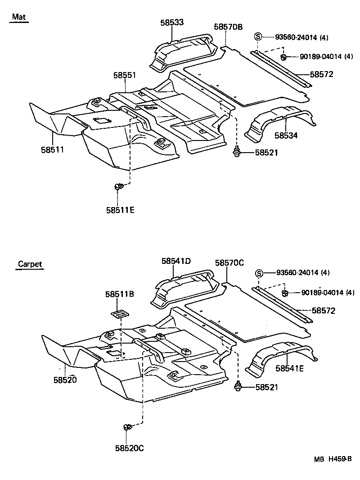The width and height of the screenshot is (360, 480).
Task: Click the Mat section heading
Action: (x=19, y=17)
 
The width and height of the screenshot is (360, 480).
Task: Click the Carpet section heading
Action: (x=30, y=264)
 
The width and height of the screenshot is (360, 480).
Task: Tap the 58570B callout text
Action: (x=228, y=27)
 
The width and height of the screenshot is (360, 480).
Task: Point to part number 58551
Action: (x=125, y=76)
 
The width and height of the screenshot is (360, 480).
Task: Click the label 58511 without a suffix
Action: (x=53, y=149)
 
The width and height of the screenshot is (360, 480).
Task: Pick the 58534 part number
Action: (x=287, y=135)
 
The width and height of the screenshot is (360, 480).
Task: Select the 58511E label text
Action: (x=121, y=210)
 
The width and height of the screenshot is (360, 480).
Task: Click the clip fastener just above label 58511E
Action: (x=119, y=186)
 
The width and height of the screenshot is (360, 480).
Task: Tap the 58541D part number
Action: (x=176, y=261)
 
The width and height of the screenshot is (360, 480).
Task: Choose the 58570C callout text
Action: (x=229, y=263)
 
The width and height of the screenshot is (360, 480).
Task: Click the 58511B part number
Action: (x=120, y=294)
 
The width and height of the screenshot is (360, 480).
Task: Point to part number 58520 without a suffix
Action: (x=65, y=380)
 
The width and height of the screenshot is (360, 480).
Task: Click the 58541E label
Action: (x=290, y=368)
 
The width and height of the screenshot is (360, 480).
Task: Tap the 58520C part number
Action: (x=129, y=448)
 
